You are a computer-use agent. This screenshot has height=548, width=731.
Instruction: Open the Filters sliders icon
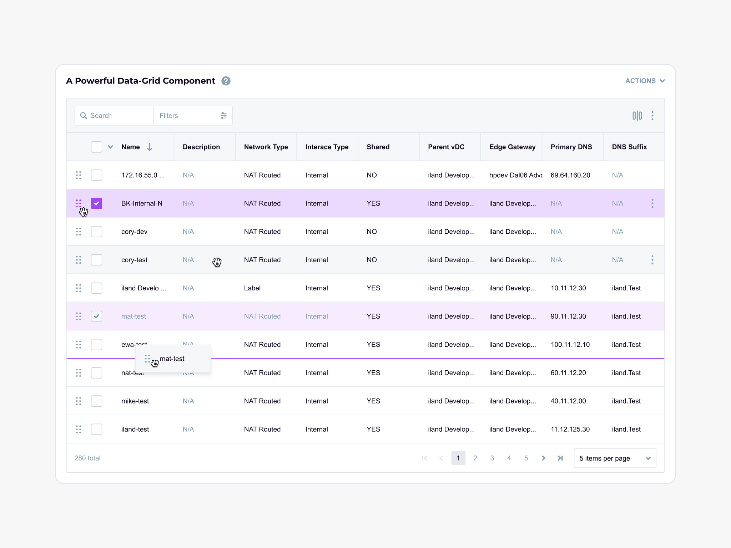point(223,116)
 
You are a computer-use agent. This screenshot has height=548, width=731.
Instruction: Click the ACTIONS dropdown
point(645,81)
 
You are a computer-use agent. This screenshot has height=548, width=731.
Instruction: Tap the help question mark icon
point(226,81)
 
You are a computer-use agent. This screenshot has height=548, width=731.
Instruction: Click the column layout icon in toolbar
point(637,116)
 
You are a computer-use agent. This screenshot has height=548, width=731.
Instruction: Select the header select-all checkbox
point(96,147)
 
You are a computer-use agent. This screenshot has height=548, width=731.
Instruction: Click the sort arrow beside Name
point(150,147)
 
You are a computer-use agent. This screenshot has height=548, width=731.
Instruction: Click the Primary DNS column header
point(571,147)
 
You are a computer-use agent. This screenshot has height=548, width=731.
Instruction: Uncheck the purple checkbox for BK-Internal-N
point(96,203)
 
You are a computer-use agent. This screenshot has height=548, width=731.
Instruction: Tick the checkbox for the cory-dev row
point(96,232)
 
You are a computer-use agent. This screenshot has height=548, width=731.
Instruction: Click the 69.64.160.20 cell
point(570,175)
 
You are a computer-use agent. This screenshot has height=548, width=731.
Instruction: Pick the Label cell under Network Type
point(252,288)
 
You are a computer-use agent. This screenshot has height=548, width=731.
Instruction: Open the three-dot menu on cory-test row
point(652,260)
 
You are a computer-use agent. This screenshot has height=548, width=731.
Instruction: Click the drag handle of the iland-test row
point(79,429)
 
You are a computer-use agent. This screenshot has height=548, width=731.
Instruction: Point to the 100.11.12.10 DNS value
point(570,345)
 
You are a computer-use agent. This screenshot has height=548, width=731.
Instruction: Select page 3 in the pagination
point(492,458)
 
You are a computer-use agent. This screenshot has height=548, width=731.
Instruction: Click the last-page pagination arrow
point(560,458)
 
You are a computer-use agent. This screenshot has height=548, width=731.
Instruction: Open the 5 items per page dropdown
point(615,458)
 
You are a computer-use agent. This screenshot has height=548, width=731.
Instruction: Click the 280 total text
point(87,458)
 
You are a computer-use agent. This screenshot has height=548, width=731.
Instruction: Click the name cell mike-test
point(135,401)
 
